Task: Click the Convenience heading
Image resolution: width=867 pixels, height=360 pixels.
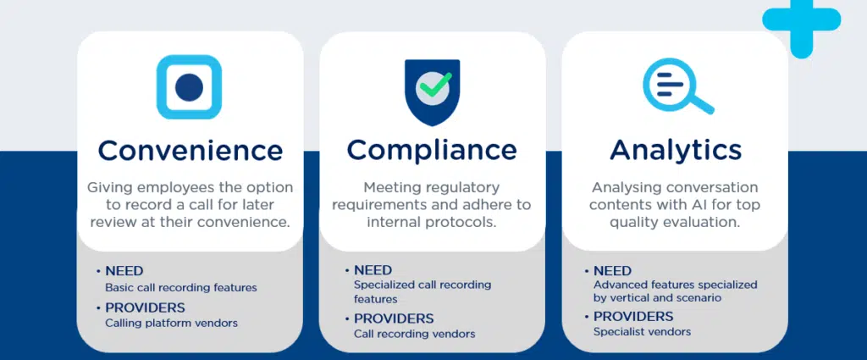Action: point(190,151)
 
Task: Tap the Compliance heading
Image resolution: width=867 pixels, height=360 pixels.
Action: point(432,150)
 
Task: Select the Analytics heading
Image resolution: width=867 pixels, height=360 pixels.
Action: point(676,150)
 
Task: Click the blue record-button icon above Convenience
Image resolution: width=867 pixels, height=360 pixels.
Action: point(189,87)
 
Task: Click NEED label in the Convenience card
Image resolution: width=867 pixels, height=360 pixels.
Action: point(124,271)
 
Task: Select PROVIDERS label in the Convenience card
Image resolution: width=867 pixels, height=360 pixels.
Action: point(145,307)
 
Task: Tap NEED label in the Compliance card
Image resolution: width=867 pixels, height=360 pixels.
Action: point(373,270)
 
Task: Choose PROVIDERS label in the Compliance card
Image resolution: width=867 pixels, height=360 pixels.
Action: point(394,318)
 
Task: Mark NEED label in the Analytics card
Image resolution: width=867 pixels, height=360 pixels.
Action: point(612,270)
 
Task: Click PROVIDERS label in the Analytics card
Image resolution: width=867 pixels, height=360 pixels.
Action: point(633,316)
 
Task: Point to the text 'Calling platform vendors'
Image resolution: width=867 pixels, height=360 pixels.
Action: point(171,323)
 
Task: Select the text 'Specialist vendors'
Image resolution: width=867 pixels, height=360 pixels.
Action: point(642,331)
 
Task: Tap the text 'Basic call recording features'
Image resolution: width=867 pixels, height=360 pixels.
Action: point(180,287)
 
